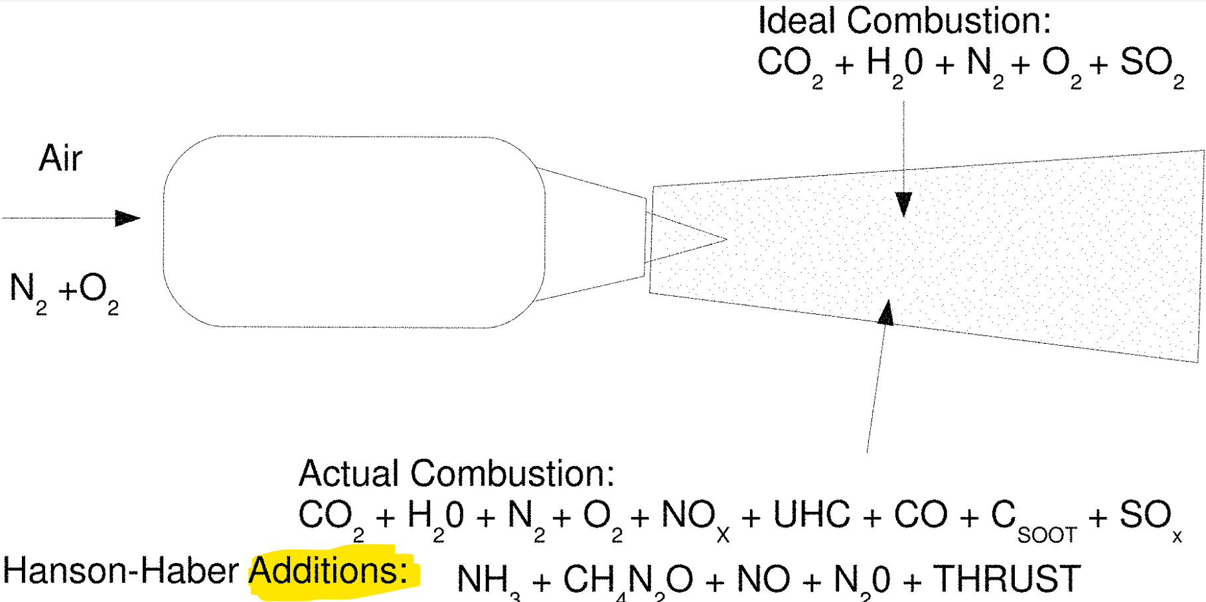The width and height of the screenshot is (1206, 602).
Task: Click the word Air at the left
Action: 60,159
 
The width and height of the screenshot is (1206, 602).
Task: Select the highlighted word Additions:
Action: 329,571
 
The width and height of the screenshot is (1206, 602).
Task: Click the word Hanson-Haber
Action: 121,571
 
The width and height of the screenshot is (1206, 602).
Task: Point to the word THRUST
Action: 1007,579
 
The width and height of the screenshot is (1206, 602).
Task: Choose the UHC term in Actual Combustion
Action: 811,515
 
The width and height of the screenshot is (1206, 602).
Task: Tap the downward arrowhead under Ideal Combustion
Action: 903,204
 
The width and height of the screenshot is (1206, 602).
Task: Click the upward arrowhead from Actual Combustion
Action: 886,312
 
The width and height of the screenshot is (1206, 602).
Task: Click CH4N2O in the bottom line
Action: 627,580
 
